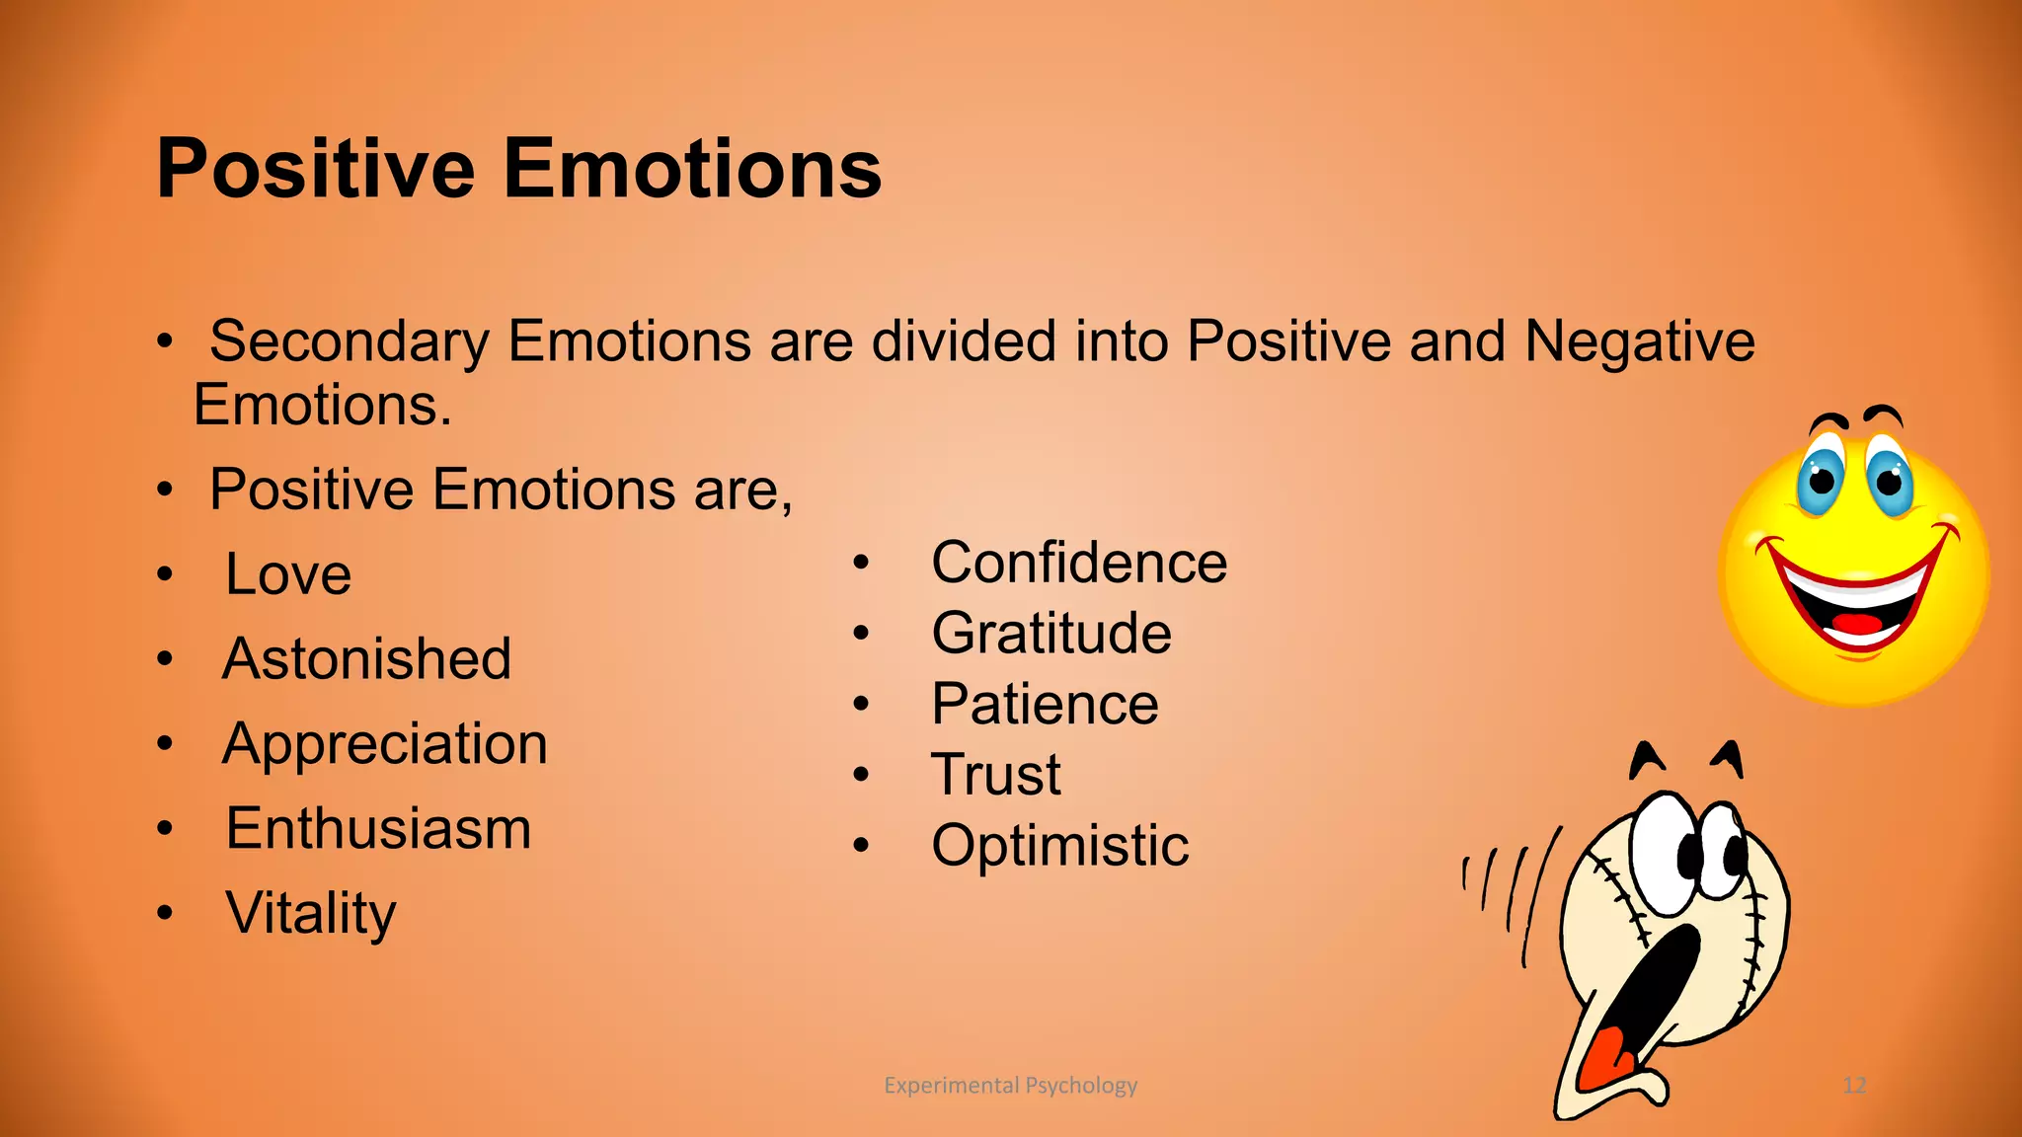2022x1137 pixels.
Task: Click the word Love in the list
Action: coord(287,574)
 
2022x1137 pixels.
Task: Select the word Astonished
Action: coord(366,659)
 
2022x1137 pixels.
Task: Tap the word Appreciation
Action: coord(384,744)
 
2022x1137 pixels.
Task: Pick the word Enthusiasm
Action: coord(378,829)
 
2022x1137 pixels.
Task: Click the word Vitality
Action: coord(310,914)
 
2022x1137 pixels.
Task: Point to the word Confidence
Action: coord(1078,563)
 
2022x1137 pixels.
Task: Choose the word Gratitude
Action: coord(1050,634)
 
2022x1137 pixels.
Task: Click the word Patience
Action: coord(1045,705)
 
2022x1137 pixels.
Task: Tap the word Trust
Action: coord(995,775)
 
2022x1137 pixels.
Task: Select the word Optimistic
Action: coord(1059,846)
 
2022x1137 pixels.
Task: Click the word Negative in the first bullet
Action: coord(1639,342)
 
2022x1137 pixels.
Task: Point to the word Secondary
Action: coord(349,342)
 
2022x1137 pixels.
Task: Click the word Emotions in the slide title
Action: coord(692,169)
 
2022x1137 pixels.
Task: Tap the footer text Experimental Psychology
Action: coord(1010,1086)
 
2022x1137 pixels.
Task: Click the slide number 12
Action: coord(1853,1086)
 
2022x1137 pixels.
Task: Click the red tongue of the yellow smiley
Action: coord(1857,624)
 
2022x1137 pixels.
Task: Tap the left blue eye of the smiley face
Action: coord(1820,481)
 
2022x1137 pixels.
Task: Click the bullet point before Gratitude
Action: coord(861,634)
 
